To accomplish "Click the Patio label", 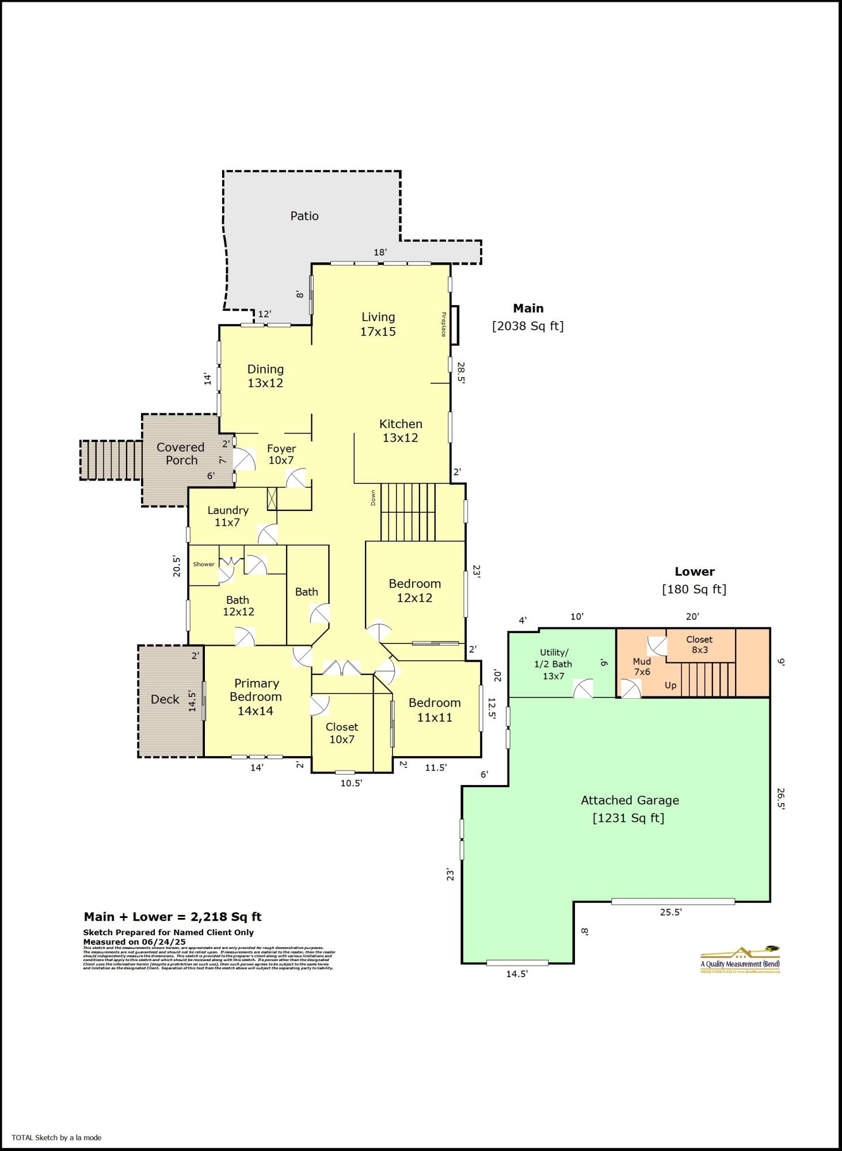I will click(304, 216).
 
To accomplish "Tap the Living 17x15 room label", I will click(378, 324).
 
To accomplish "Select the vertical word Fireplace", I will click(444, 324).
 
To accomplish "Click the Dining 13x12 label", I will click(265, 376).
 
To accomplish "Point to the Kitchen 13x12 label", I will click(401, 430).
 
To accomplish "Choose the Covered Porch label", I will click(181, 453).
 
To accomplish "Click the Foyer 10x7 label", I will click(281, 454).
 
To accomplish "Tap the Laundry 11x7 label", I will click(228, 516).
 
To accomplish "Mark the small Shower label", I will click(204, 564).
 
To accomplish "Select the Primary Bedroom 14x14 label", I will click(257, 696).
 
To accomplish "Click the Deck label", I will click(165, 699).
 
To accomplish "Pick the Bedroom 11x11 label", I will click(435, 710).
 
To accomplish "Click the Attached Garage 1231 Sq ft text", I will click(629, 809).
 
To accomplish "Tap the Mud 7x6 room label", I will click(642, 666).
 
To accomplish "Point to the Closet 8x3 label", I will click(699, 645).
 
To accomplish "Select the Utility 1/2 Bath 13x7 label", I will click(554, 664).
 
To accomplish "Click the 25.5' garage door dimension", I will click(670, 912).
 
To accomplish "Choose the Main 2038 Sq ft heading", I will click(528, 317).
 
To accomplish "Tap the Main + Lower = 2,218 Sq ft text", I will click(173, 917).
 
